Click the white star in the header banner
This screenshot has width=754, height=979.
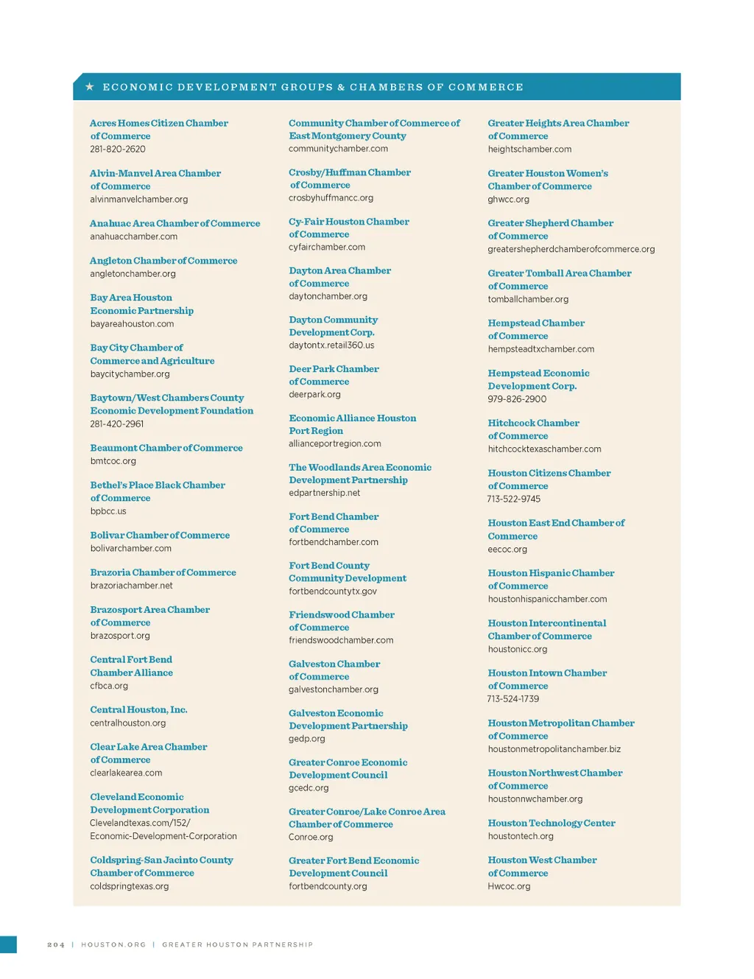point(90,87)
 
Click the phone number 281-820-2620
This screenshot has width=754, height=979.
point(118,150)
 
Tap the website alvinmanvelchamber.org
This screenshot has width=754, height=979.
point(139,200)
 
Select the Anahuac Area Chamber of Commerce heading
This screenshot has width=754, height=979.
point(175,223)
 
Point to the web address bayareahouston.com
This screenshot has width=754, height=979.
point(132,324)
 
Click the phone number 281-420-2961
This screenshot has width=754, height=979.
point(117,424)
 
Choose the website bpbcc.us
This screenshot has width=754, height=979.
point(108,511)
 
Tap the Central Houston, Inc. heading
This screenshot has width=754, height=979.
point(138,709)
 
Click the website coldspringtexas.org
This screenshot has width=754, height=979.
point(130,886)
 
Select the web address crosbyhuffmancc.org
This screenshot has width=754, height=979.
point(331,198)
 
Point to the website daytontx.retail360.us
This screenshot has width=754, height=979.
point(331,345)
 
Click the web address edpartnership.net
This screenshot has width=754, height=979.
point(325,493)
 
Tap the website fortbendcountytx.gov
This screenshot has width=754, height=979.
point(333,592)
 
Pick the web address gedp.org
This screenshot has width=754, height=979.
point(307,739)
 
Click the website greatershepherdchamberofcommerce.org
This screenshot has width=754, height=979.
point(571,250)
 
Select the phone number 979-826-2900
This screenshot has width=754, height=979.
point(517,399)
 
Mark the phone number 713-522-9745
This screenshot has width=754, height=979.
point(514,499)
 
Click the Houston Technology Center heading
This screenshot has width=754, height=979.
point(552,823)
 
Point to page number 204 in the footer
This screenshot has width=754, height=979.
point(56,944)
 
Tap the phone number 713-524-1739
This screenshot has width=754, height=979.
point(513,699)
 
